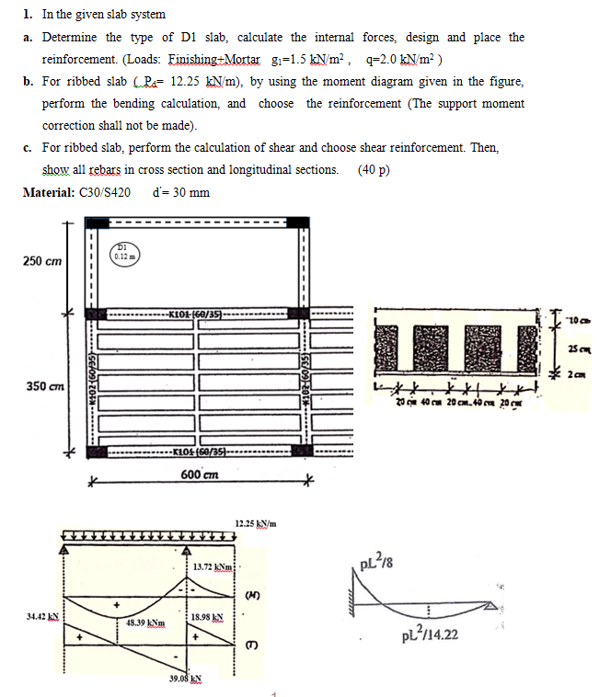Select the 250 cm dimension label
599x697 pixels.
(x=42, y=261)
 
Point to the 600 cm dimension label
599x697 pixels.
(x=200, y=474)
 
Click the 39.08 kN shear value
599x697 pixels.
(x=186, y=680)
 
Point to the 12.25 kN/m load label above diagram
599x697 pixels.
(x=256, y=523)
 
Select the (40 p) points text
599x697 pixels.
(x=373, y=170)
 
